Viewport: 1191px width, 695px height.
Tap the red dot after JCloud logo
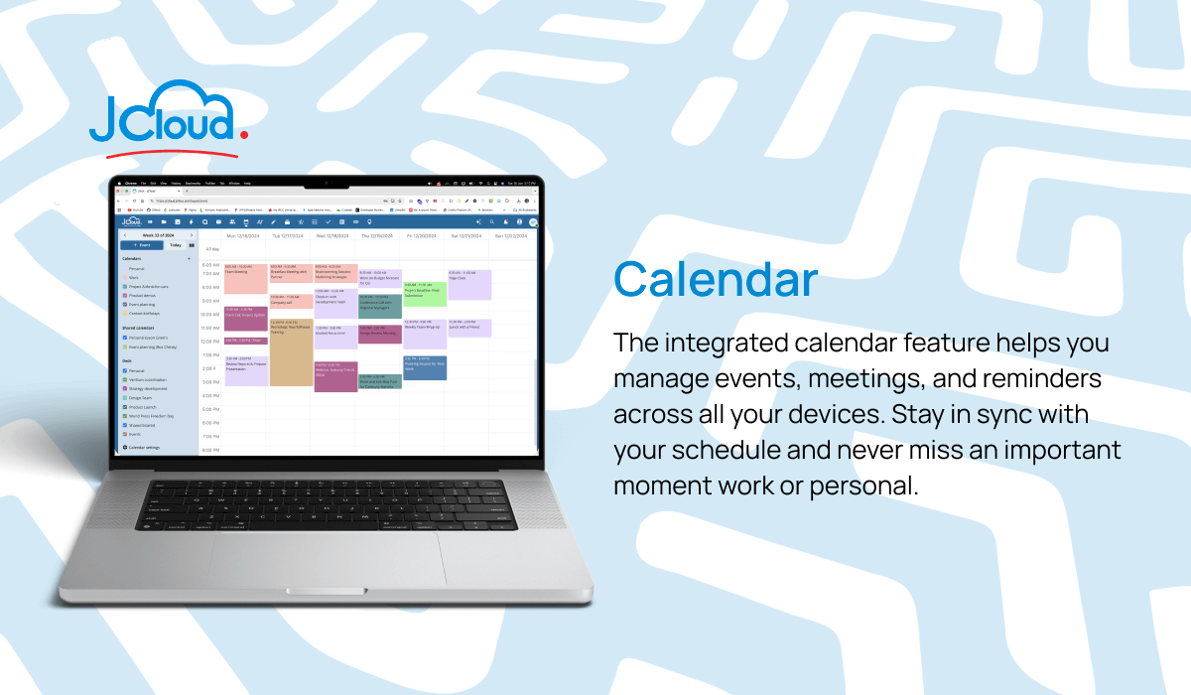pos(243,131)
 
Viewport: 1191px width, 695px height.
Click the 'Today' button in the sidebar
pos(175,244)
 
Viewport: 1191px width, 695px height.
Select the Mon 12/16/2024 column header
pos(243,235)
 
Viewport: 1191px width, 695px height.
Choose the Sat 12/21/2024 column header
pos(467,235)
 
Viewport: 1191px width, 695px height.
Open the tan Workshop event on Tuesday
pos(290,352)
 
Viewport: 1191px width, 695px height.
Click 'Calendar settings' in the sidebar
pos(147,448)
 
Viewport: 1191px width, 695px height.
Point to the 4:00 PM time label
pos(210,395)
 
